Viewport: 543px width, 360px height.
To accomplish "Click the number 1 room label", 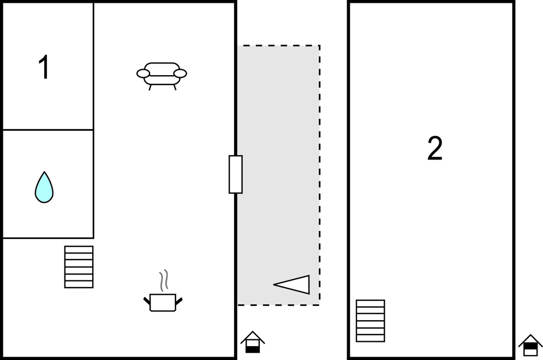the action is (x=44, y=67).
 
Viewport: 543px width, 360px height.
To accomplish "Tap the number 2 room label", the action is (x=435, y=148).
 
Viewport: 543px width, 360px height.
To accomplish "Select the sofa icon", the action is (x=162, y=76).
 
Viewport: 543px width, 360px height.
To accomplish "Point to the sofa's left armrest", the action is (x=143, y=73).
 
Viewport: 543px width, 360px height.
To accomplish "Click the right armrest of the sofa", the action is (x=180, y=73).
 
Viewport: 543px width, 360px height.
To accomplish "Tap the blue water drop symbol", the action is (x=44, y=187).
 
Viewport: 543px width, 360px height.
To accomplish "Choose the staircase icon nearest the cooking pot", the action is (x=79, y=267).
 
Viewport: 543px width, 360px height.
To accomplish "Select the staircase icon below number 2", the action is (x=370, y=321).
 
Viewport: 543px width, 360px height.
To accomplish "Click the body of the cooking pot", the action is (x=163, y=303).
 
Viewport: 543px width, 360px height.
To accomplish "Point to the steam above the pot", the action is (x=164, y=280).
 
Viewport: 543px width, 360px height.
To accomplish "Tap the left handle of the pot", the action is (x=147, y=301).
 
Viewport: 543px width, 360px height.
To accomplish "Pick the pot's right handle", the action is (x=179, y=301).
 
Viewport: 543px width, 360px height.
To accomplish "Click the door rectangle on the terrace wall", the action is (x=236, y=174).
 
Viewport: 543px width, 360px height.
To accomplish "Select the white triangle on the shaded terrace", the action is (x=294, y=285).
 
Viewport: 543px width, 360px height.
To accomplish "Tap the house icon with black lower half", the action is (x=253, y=342).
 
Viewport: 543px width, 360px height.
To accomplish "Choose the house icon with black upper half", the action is (x=530, y=345).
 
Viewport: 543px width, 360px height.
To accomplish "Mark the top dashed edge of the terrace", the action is (x=279, y=45).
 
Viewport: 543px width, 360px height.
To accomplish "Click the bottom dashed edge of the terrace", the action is (x=279, y=305).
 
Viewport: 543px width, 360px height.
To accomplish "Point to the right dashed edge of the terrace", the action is (x=320, y=175).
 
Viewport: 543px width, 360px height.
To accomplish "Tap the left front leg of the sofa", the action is (x=150, y=87).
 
